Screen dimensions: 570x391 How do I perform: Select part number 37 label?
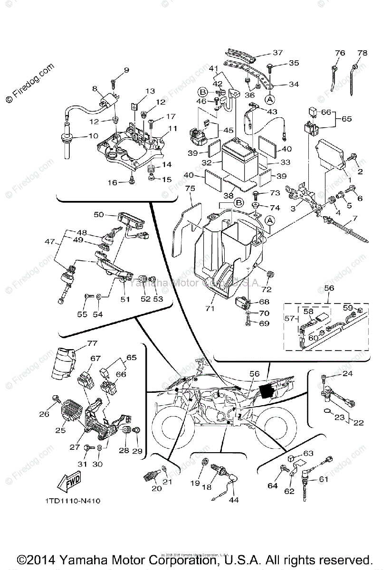coord(277,53)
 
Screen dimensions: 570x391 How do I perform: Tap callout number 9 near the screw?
coord(126,71)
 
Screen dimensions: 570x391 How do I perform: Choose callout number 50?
coord(98,215)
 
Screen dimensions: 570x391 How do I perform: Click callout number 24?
coord(348,374)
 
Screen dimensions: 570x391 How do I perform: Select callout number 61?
coord(324,479)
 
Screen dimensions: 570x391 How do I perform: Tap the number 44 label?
coord(233,500)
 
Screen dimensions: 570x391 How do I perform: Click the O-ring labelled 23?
coord(327,411)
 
